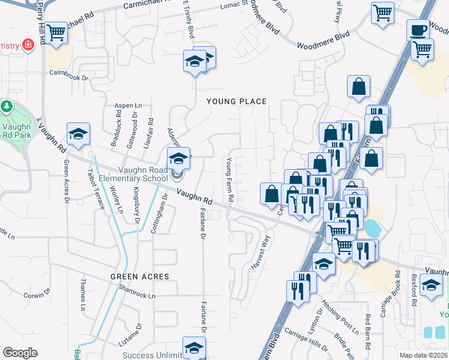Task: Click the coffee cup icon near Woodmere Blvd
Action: point(418,29)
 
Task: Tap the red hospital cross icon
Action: point(28,45)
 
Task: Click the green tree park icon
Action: point(7,107)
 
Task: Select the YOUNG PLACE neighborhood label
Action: point(237,101)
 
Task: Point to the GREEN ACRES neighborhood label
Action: point(139,277)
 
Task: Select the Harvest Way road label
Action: point(265,247)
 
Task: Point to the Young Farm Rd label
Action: point(229,179)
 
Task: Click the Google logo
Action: point(20,353)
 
